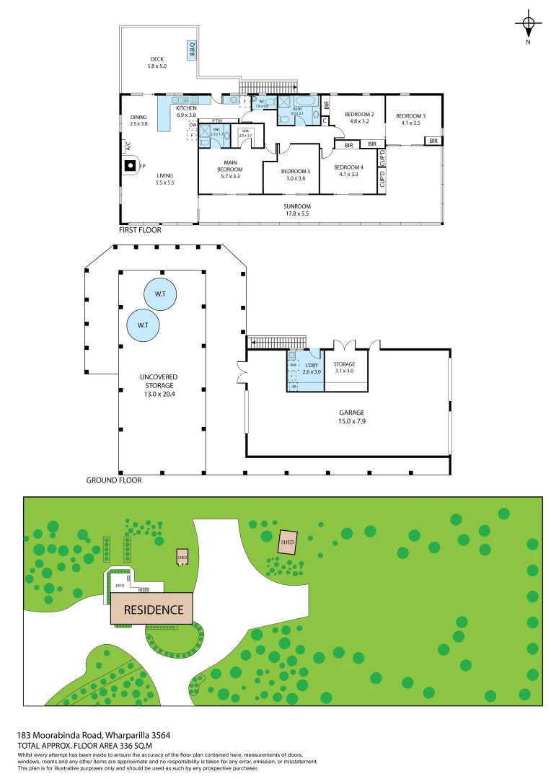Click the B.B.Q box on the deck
[x=193, y=49]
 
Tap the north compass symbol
[x=528, y=25]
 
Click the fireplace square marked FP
[x=130, y=166]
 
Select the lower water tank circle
[x=143, y=325]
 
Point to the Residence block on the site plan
[x=152, y=609]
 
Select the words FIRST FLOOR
[x=140, y=231]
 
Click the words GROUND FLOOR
[x=114, y=480]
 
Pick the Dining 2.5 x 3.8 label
[x=138, y=120]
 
